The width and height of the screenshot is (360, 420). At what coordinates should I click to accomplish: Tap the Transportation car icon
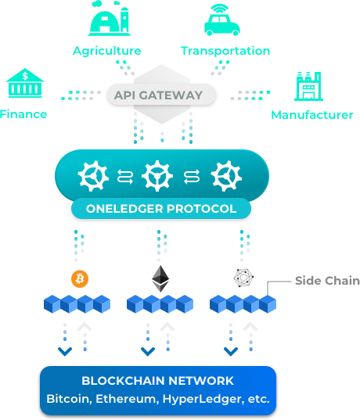[x=222, y=20]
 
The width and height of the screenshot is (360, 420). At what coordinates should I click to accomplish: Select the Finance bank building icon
[x=25, y=83]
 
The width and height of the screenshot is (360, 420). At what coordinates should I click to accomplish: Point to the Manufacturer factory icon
[x=308, y=86]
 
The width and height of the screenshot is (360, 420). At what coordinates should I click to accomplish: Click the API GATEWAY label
[x=158, y=95]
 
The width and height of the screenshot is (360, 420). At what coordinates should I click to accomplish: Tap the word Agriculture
[x=107, y=51]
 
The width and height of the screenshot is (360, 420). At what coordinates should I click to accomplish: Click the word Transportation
[x=225, y=51]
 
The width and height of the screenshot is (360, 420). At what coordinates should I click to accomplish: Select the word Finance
[x=23, y=114]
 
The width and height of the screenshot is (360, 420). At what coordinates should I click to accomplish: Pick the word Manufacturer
[x=312, y=115]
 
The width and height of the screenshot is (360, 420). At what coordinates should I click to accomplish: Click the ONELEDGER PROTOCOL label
[x=161, y=209]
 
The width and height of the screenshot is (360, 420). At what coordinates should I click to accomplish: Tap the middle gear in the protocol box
[x=157, y=176]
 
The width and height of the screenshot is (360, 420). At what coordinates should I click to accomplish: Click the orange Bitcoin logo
[x=80, y=279]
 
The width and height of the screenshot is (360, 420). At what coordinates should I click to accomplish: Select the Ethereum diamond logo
[x=160, y=278]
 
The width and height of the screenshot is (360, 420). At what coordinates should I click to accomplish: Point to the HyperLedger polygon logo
[x=243, y=278]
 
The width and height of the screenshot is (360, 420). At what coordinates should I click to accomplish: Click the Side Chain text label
[x=327, y=281]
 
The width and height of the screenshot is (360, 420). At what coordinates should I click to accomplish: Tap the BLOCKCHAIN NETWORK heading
[x=157, y=381]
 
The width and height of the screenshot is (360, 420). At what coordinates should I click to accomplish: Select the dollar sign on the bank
[x=25, y=76]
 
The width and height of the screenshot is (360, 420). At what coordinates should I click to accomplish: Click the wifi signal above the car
[x=220, y=9]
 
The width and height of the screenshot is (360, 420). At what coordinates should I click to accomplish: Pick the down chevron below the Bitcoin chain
[x=65, y=351]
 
